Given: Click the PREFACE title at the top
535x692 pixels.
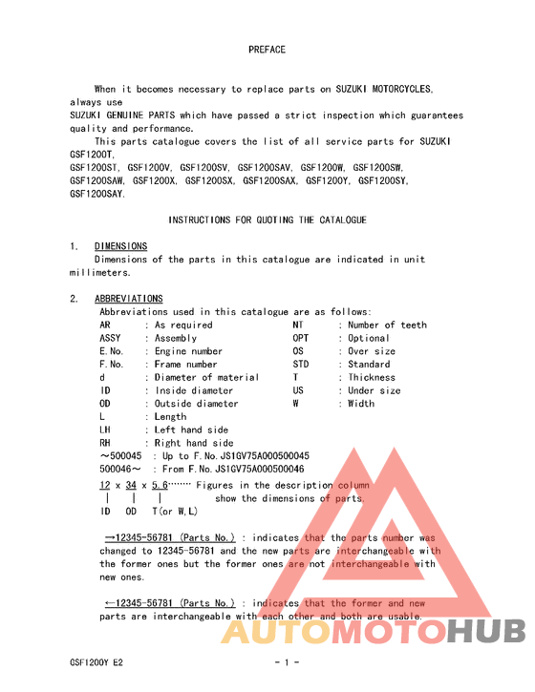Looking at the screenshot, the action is click(267, 50).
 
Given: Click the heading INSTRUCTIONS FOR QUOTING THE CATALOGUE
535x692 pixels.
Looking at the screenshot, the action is click(267, 220).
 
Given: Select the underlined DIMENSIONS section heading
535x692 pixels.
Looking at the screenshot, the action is click(120, 246).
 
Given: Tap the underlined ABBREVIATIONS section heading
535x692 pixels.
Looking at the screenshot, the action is click(128, 299).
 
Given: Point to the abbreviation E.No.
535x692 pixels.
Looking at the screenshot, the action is click(113, 351).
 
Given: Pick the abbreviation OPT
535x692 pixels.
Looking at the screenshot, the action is click(301, 338).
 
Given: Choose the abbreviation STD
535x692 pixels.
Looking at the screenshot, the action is click(301, 365).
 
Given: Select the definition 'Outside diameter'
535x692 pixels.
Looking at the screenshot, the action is click(197, 404).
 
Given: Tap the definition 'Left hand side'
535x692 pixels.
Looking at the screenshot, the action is click(192, 430).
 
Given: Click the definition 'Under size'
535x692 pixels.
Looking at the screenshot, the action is click(374, 390).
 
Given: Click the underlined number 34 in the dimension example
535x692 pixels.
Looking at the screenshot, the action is click(132, 485).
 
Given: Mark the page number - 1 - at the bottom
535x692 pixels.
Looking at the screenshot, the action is click(288, 662).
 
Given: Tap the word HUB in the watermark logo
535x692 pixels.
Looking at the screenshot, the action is click(486, 632).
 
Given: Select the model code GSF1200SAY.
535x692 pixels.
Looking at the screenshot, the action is click(96, 194).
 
